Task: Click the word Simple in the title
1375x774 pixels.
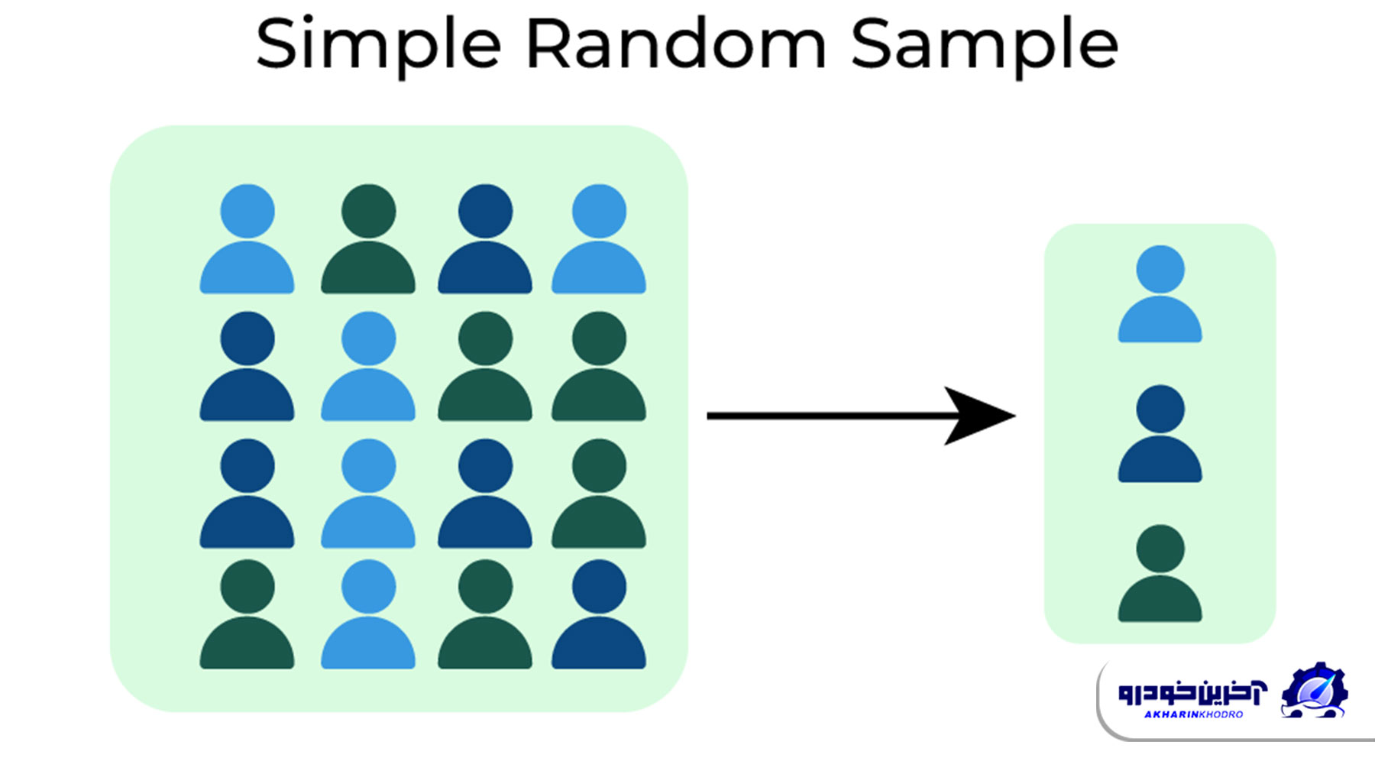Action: (378, 45)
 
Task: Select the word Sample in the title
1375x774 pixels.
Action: (985, 45)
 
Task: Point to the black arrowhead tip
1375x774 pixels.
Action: (1015, 416)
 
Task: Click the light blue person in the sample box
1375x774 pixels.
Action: (1160, 293)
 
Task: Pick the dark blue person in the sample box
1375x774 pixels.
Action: (1160, 433)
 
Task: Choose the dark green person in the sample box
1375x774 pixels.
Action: (1160, 573)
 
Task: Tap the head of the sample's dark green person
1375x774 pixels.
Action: (1160, 549)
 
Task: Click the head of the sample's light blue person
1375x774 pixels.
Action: (1160, 269)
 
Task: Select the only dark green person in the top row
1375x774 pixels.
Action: (368, 238)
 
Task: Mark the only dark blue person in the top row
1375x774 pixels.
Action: (485, 238)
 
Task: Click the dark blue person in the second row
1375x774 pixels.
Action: (247, 366)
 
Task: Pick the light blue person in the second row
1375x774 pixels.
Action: (368, 366)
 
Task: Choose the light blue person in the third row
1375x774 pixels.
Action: (368, 493)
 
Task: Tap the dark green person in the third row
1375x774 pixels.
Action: (599, 493)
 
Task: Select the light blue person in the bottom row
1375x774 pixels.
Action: (368, 614)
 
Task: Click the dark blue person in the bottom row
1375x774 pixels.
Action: (599, 614)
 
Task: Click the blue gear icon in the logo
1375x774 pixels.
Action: (1314, 690)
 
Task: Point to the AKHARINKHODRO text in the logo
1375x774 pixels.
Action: (1193, 714)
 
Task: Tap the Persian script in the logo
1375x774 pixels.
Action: (1192, 692)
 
